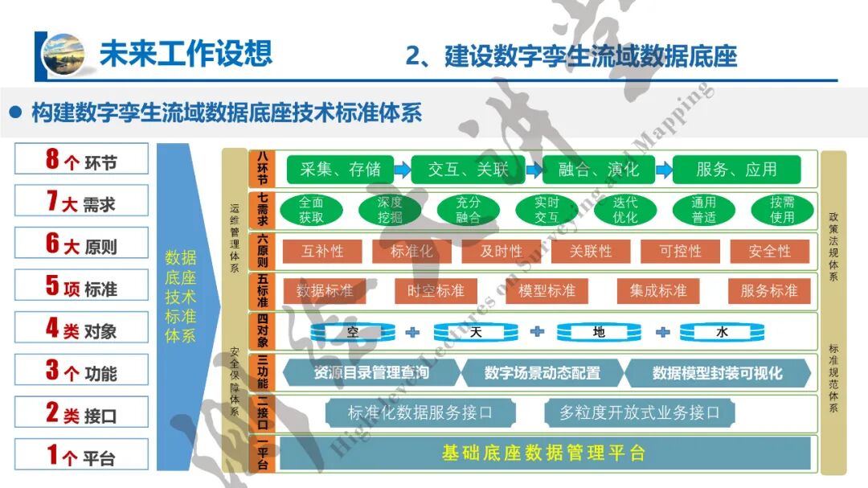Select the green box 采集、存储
click(x=341, y=170)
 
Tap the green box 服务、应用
click(x=736, y=170)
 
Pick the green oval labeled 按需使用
click(x=782, y=210)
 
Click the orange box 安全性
click(x=769, y=252)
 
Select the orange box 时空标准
click(x=435, y=291)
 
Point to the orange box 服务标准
click(x=768, y=291)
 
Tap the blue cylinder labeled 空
click(x=351, y=331)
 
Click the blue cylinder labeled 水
click(x=721, y=331)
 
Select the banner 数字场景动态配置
click(x=542, y=373)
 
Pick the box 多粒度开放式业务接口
click(x=639, y=413)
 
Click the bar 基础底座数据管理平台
click(x=543, y=453)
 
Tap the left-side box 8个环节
click(x=82, y=159)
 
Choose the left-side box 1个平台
click(x=82, y=456)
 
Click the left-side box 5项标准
click(x=82, y=285)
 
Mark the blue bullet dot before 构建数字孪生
click(x=14, y=112)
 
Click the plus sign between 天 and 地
click(x=537, y=331)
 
